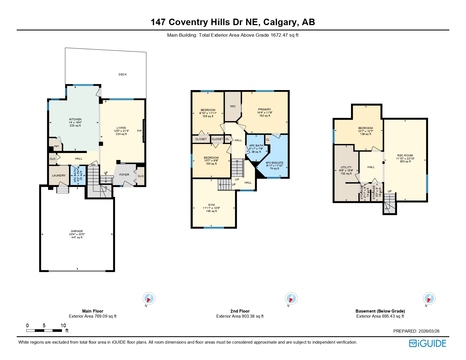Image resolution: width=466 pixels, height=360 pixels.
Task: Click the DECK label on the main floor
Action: click(123, 75)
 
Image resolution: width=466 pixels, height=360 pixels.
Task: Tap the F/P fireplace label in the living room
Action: click(140, 131)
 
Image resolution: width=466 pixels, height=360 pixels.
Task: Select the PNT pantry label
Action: click(56, 146)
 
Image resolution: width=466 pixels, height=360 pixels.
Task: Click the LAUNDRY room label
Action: click(59, 176)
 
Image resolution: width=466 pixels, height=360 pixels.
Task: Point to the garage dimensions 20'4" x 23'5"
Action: click(77, 234)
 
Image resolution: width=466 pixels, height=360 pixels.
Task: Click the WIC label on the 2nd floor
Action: click(233, 106)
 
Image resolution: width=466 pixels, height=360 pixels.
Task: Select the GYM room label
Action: click(211, 205)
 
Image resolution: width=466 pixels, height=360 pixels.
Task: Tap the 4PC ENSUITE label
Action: click(274, 163)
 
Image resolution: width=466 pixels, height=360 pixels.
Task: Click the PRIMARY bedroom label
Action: click(264, 110)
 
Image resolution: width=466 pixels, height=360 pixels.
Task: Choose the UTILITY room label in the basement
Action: click(346, 167)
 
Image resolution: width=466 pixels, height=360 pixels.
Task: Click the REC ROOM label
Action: click(405, 156)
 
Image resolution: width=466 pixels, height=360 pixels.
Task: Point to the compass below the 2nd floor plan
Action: click(291, 298)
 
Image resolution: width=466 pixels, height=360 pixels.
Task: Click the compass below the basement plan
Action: click(429, 298)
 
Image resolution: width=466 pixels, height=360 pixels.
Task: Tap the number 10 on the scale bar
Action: click(63, 326)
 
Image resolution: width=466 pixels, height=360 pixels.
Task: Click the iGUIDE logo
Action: click(428, 343)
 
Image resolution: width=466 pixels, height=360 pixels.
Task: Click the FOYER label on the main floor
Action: click(124, 175)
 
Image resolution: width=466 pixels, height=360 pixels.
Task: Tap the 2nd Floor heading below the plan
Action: click(240, 311)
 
